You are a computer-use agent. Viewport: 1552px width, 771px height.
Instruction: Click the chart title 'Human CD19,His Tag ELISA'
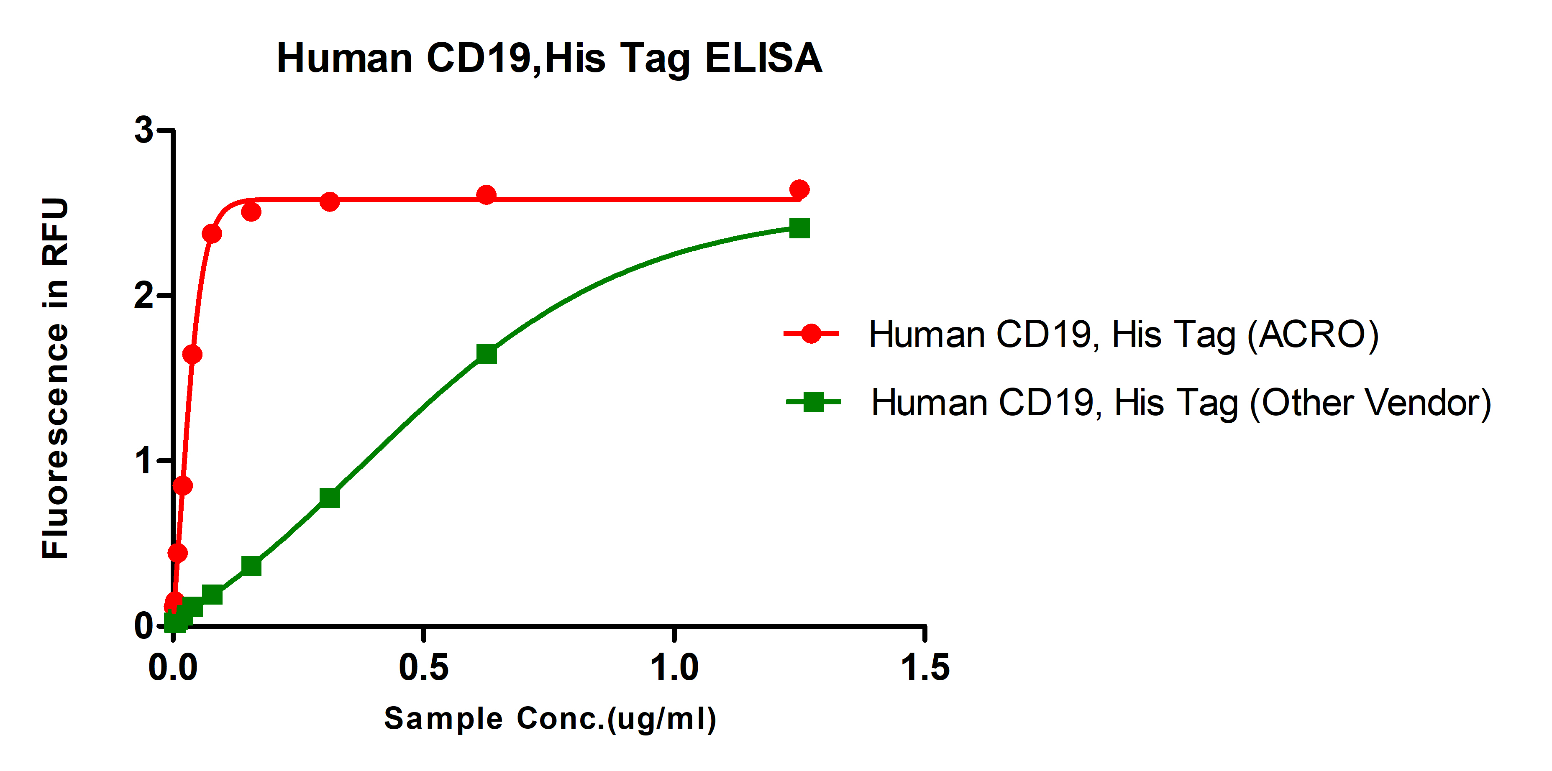point(549,59)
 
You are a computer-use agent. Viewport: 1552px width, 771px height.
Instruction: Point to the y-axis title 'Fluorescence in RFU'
point(55,378)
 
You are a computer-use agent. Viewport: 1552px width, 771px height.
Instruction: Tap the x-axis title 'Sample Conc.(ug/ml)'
point(550,719)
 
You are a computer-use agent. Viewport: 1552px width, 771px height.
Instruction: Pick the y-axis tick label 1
point(143,461)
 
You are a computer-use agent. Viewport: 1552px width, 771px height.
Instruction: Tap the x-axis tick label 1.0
point(674,667)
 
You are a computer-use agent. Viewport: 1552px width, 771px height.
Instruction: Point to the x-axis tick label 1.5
point(925,667)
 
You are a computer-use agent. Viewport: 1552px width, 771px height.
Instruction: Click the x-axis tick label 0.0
point(173,667)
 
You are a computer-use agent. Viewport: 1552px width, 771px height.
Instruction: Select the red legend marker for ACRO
point(811,333)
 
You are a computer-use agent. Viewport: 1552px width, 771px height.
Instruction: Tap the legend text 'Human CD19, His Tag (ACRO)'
point(1124,335)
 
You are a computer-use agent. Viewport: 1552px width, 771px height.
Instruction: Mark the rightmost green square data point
point(799,228)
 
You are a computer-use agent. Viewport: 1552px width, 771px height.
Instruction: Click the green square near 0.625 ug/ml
point(486,354)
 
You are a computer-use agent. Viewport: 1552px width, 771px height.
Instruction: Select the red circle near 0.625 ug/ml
point(486,195)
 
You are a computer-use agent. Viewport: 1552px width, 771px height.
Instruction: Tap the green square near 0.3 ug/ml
point(330,498)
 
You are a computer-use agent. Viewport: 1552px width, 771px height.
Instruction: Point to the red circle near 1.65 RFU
point(192,354)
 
